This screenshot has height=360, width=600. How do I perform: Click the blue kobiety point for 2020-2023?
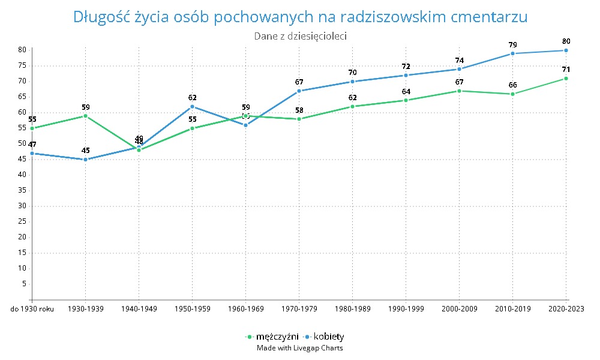566,50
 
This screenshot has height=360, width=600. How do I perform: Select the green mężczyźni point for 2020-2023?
566,79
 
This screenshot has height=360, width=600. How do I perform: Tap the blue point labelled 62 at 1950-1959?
192,107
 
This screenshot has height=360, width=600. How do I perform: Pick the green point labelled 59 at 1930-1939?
85,116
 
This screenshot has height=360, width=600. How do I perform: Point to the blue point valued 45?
85,160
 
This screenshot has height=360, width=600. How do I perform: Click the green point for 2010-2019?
512,94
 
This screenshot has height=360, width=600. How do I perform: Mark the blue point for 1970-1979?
299,91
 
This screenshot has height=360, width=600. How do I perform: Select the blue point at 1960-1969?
245,125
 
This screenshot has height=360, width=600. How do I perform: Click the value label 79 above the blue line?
512,44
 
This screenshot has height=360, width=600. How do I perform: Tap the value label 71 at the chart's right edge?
566,70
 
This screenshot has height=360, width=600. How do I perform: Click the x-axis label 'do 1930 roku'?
32,309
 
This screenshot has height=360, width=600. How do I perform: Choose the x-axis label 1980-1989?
352,309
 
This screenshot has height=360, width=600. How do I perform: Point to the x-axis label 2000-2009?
459,309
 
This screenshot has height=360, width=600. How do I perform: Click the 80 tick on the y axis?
22,50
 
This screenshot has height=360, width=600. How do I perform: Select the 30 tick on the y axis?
22,206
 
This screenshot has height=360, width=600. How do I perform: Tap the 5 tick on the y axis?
23,284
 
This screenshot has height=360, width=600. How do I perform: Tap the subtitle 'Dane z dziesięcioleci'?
300,36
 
